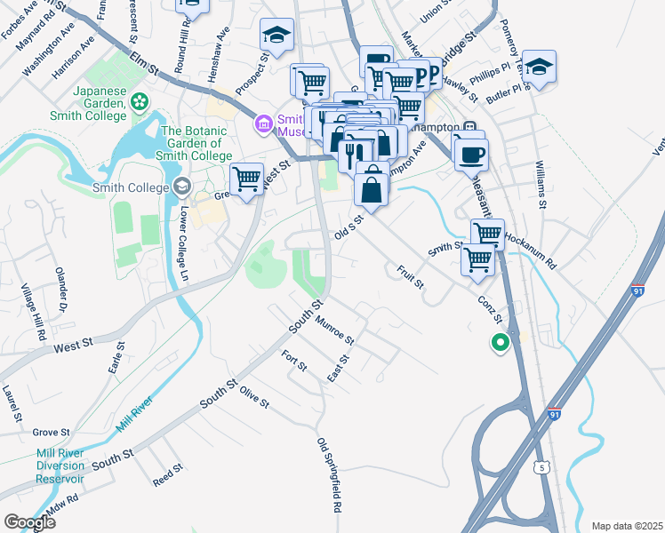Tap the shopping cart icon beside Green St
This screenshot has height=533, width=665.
246,179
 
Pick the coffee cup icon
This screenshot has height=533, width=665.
469,155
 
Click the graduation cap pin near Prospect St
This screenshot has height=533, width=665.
276,36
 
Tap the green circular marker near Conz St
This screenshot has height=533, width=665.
501,341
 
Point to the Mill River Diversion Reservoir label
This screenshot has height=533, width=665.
60,465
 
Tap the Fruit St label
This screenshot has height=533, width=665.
411,277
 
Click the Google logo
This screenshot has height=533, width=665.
29,521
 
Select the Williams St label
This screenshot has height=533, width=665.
540,185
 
